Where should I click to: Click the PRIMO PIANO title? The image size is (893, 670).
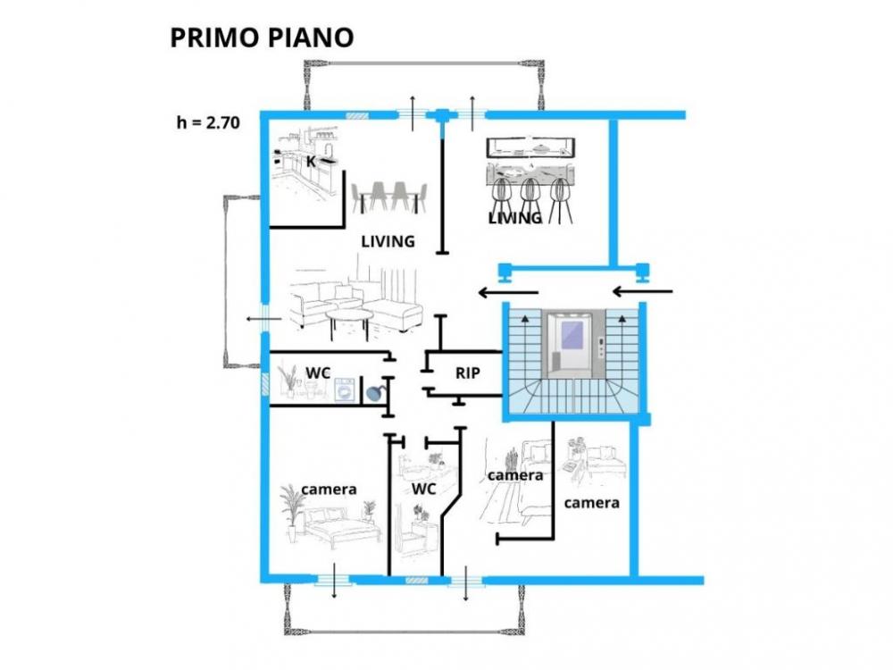(x=262, y=38)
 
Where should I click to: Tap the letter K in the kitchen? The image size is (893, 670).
(x=311, y=162)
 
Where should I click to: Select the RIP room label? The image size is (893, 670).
(x=468, y=373)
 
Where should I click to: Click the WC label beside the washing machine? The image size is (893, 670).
(x=319, y=372)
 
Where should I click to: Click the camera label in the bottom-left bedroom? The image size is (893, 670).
(x=329, y=490)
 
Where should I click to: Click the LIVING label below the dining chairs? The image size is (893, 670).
(x=388, y=241)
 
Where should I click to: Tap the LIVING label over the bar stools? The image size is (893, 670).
(x=515, y=218)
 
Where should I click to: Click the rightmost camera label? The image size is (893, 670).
(x=591, y=503)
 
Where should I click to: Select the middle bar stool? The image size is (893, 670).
(x=530, y=198)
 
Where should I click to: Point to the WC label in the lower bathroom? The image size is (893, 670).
(x=423, y=490)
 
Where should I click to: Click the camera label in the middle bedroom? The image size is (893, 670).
(x=515, y=476)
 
